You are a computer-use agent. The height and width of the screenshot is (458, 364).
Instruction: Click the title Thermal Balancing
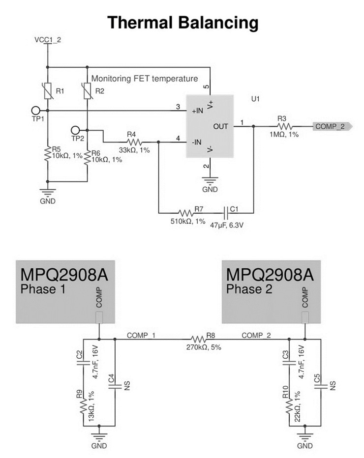182,22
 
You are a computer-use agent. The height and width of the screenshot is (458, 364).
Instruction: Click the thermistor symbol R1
48,91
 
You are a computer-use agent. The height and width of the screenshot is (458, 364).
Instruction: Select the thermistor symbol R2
87,91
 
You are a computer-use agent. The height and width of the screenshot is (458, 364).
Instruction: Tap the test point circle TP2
75,130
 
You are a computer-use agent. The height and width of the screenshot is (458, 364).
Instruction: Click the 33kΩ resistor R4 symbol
130,141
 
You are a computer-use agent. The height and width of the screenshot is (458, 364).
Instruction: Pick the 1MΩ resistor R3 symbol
282,126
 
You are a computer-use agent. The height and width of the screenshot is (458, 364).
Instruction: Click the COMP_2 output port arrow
333,126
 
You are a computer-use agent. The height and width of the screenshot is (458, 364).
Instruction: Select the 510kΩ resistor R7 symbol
185,213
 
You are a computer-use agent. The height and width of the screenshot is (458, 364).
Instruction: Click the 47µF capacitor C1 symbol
227,213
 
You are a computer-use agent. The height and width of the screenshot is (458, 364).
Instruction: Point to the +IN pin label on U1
198,111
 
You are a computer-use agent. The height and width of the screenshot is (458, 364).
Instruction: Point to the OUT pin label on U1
220,126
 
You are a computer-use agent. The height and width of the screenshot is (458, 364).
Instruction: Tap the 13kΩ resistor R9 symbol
83,406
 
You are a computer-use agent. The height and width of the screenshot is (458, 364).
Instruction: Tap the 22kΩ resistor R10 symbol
290,406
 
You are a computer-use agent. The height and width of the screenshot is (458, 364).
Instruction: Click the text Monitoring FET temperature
145,78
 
